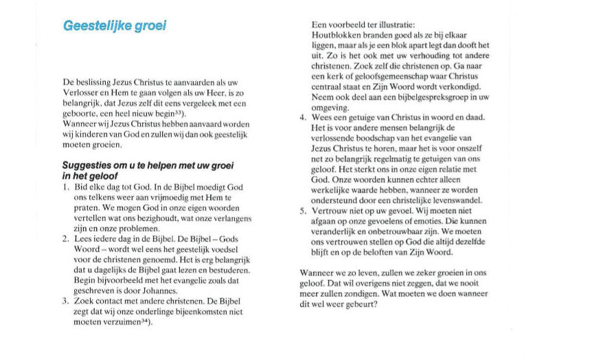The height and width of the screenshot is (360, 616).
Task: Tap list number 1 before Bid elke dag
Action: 65,186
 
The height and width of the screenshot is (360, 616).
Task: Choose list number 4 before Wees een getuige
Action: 302,117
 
